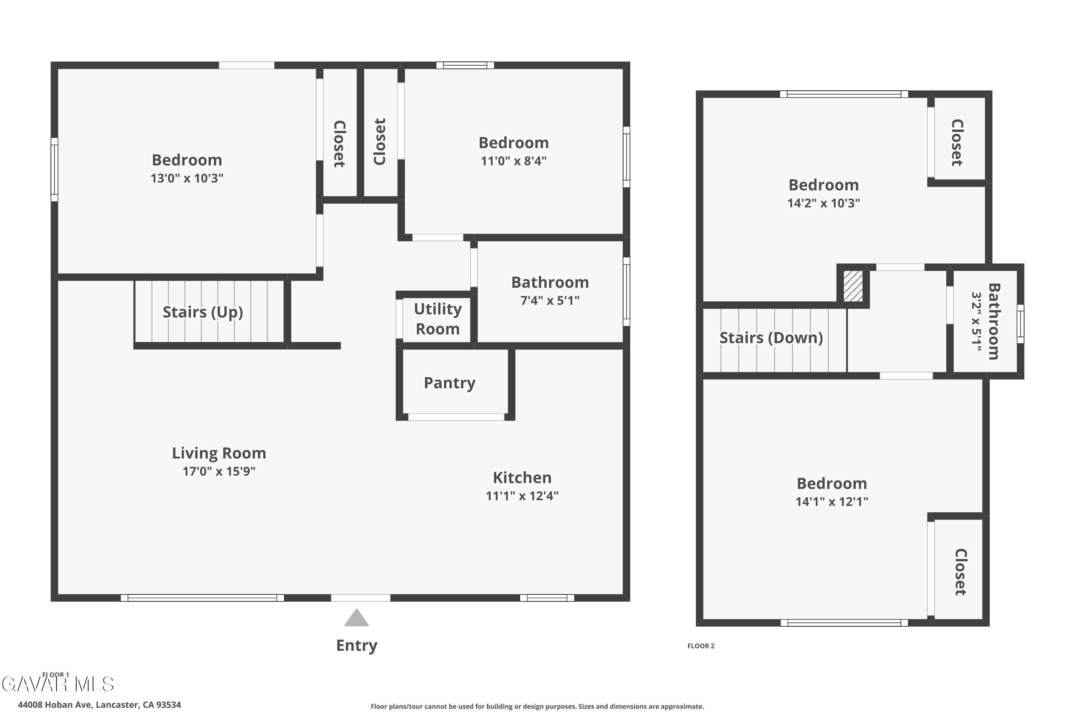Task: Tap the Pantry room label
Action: coord(450,383)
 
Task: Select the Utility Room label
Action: coord(438,319)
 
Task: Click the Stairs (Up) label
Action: coord(203,312)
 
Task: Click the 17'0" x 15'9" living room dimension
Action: coord(219,471)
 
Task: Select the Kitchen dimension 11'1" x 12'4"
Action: coord(522,496)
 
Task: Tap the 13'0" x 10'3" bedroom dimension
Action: coord(187,178)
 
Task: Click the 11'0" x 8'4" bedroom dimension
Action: coord(514,161)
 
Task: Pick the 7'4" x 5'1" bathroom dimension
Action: coord(550,300)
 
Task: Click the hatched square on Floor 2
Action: coord(853,286)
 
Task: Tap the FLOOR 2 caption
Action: coord(701,646)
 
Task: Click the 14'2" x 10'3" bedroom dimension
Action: coord(823,203)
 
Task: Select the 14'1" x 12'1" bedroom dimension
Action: coord(832,502)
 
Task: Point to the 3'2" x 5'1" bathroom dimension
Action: coord(976,322)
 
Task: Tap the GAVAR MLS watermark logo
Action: coord(58,684)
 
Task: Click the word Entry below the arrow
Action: coord(357,646)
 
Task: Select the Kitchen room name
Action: coord(522,478)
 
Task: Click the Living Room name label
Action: coord(219,453)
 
